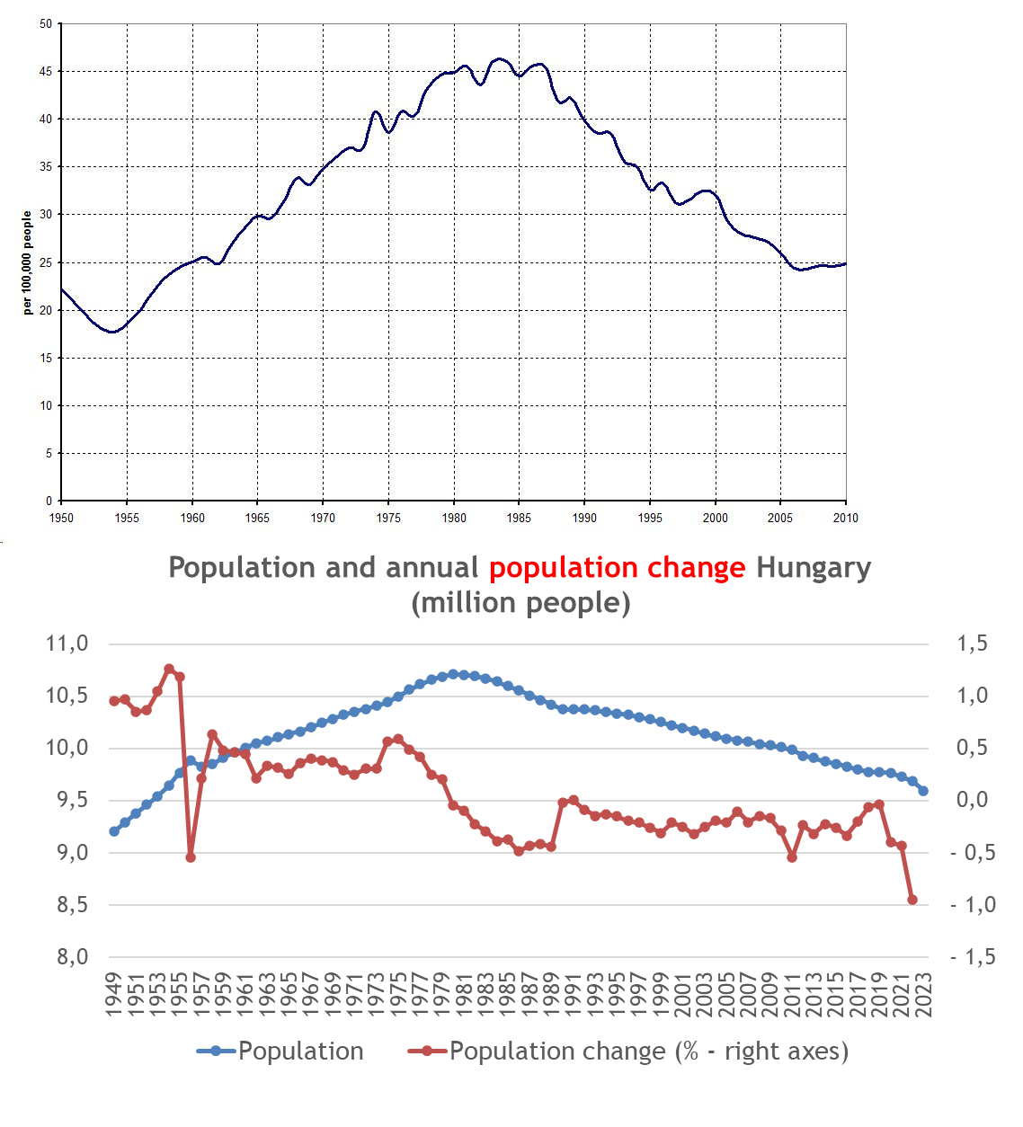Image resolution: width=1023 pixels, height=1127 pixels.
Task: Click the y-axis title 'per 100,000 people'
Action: point(27,262)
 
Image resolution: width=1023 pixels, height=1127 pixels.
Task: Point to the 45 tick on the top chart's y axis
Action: point(46,71)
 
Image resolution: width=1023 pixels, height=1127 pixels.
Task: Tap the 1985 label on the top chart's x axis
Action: point(519,518)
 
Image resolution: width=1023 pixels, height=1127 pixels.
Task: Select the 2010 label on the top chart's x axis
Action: point(845,518)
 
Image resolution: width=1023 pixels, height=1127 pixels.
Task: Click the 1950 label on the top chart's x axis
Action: point(61,518)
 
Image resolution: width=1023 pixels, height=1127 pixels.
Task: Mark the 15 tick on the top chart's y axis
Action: point(46,358)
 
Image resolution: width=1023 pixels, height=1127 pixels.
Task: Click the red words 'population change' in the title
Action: point(617,568)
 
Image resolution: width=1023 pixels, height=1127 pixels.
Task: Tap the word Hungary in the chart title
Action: point(813,568)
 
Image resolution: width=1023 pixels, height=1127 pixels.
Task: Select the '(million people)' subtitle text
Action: point(520,602)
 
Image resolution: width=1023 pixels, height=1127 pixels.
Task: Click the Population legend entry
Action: point(300,1051)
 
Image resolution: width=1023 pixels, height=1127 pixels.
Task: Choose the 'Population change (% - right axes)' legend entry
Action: point(648,1051)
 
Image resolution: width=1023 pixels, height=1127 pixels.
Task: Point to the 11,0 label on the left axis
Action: point(67,643)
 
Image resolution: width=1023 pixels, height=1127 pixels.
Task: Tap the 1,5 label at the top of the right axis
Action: point(972,643)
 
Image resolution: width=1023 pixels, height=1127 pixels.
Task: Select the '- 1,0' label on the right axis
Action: point(973,905)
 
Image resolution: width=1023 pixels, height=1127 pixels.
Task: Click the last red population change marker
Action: point(912,900)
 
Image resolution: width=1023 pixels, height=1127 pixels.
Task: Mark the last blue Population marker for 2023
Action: point(923,791)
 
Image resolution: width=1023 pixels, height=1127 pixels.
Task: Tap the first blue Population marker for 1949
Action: point(114,831)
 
